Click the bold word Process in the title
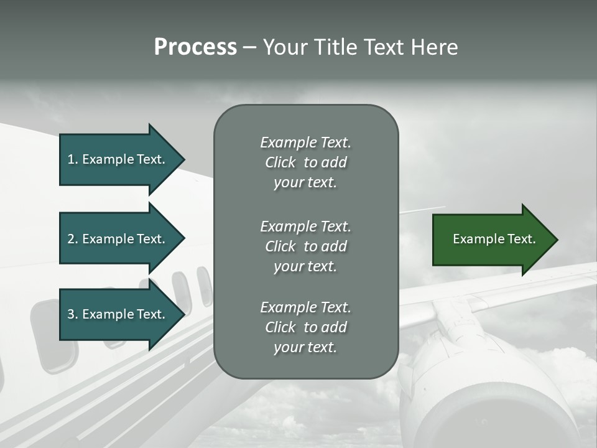click(195, 47)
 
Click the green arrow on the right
click(491, 240)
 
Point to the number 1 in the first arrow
click(71, 159)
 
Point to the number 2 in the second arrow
click(71, 239)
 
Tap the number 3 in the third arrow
click(71, 315)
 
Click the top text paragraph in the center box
click(305, 162)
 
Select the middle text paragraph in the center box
click(305, 246)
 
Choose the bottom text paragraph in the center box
click(305, 327)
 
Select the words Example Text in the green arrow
click(494, 239)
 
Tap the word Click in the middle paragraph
click(280, 246)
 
